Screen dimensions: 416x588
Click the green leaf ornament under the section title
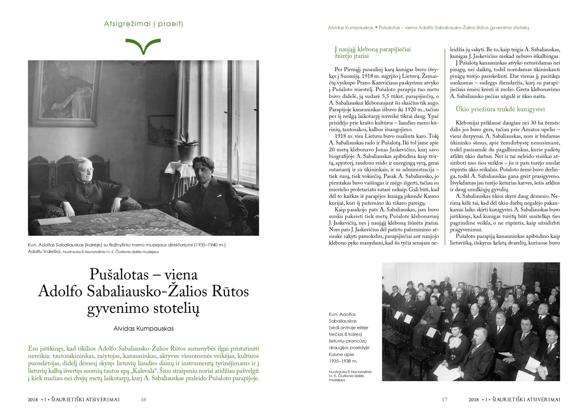[143, 46]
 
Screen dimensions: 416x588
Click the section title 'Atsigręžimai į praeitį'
[144, 24]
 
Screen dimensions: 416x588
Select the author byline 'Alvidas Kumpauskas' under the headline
[144, 329]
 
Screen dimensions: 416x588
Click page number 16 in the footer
[144, 400]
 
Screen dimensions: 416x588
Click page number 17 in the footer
[444, 400]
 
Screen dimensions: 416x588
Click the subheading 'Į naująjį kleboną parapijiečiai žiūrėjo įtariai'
[372, 53]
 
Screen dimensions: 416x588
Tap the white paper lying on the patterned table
[54, 221]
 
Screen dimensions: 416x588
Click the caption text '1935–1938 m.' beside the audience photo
[343, 361]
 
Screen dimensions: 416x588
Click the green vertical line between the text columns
[444, 146]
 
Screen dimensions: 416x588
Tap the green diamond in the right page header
[376, 27]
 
